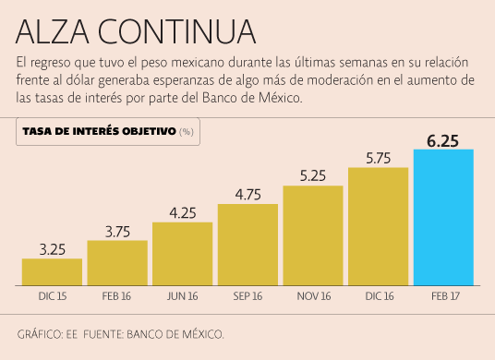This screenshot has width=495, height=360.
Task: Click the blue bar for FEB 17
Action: tap(443, 217)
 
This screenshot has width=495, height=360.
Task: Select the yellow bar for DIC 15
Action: tap(52, 271)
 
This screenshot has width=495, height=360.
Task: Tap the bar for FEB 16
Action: tap(117, 262)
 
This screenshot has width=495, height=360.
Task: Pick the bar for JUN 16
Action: tap(182, 253)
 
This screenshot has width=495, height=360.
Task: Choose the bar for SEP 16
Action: tap(247, 244)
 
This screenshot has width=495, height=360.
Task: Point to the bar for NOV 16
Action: tap(313, 234)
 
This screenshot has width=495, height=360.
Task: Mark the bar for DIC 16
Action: tap(378, 225)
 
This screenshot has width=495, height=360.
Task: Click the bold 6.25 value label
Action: tap(443, 139)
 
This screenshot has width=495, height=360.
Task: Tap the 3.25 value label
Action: tap(52, 248)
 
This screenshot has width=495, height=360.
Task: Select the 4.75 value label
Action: tap(247, 194)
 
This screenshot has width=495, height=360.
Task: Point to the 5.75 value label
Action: tap(378, 158)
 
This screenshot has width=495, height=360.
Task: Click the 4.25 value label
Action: tap(182, 212)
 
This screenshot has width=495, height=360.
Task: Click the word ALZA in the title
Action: tap(53, 31)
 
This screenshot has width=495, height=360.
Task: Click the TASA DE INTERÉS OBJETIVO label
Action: tap(99, 131)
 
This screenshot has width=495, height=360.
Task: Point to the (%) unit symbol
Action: tap(187, 132)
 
